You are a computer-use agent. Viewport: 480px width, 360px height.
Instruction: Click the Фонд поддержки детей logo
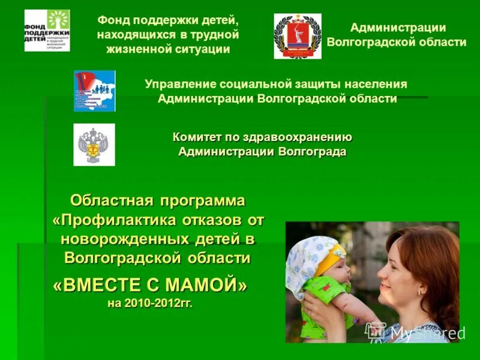pos(47,31)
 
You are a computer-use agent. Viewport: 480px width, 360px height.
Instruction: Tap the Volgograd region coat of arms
pos(298,36)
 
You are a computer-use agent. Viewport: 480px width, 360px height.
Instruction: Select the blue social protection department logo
pos(94,91)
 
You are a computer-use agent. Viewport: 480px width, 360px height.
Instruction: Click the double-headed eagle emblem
pos(94,145)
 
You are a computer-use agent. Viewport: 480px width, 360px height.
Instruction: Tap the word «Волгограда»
pos(312,151)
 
